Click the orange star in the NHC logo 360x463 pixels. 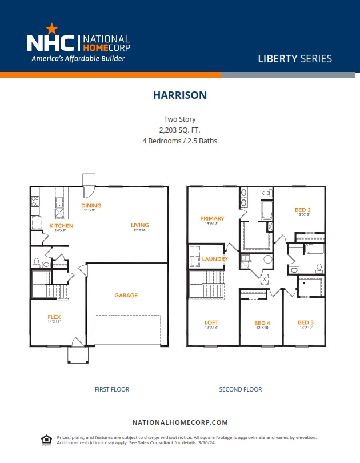click(51, 28)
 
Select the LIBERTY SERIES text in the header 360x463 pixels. click(294, 58)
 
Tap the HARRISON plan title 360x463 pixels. click(179, 95)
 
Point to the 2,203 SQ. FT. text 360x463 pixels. click(179, 130)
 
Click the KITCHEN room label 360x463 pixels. click(61, 226)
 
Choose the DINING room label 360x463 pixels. click(91, 206)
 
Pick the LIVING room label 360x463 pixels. click(139, 225)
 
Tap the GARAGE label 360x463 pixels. click(126, 296)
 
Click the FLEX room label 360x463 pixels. click(54, 317)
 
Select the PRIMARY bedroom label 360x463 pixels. click(211, 218)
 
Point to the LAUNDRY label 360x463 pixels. click(215, 259)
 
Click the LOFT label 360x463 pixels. click(211, 322)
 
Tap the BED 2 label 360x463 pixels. click(302, 210)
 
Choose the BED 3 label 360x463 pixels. click(306, 322)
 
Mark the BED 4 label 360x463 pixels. click(262, 323)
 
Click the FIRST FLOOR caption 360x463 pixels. click(112, 389)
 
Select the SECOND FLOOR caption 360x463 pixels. click(240, 389)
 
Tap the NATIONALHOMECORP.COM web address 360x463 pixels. click(180, 422)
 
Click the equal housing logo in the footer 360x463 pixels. click(46, 439)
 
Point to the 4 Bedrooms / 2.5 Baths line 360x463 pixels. click(179, 141)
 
